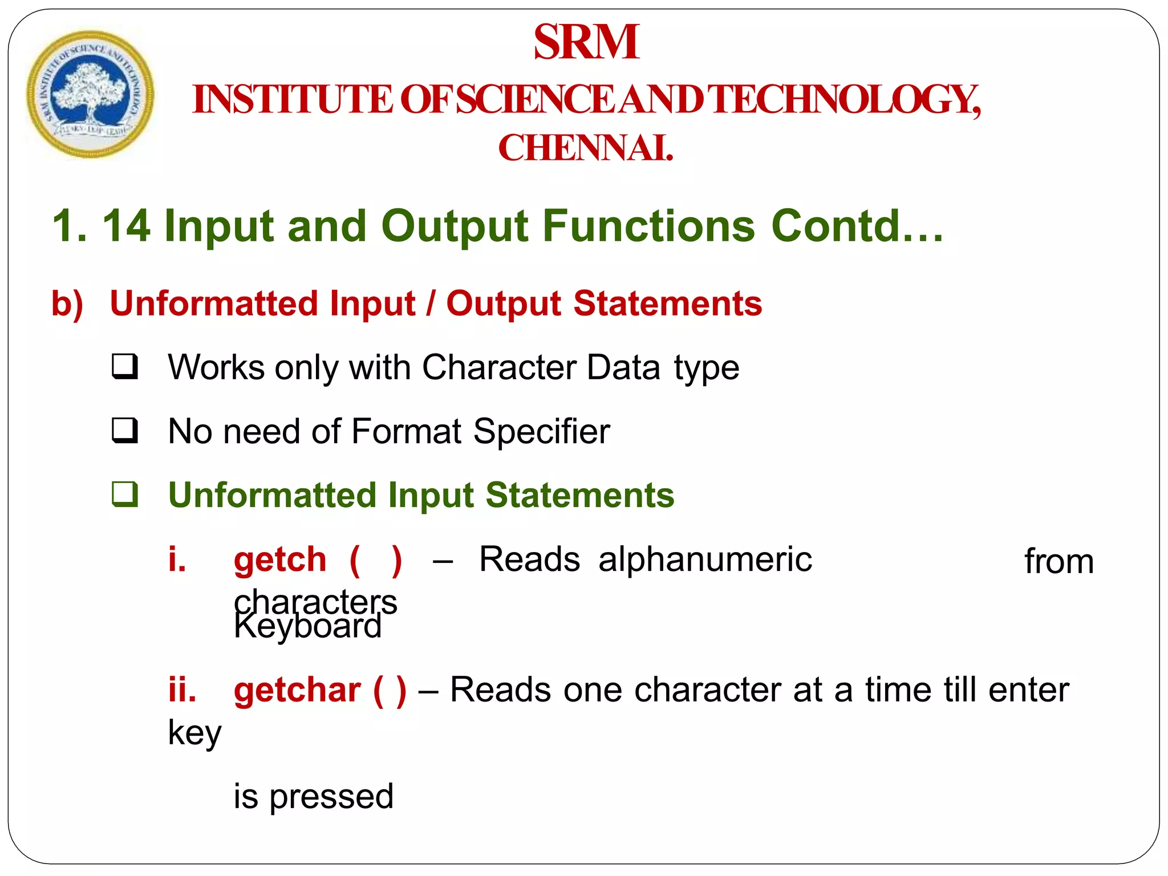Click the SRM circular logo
point(90,94)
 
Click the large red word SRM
point(586,42)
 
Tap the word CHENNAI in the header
point(585,148)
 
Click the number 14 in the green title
point(127,226)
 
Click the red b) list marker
point(67,303)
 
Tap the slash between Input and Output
point(431,303)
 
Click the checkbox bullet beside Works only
point(124,367)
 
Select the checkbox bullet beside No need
point(124,431)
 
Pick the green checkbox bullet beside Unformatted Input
point(124,494)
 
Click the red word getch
point(280,559)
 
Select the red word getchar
point(297,690)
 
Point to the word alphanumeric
point(705,559)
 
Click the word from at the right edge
point(1059,562)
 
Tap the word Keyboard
point(307,627)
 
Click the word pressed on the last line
point(331,797)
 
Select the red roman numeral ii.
point(182,690)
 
